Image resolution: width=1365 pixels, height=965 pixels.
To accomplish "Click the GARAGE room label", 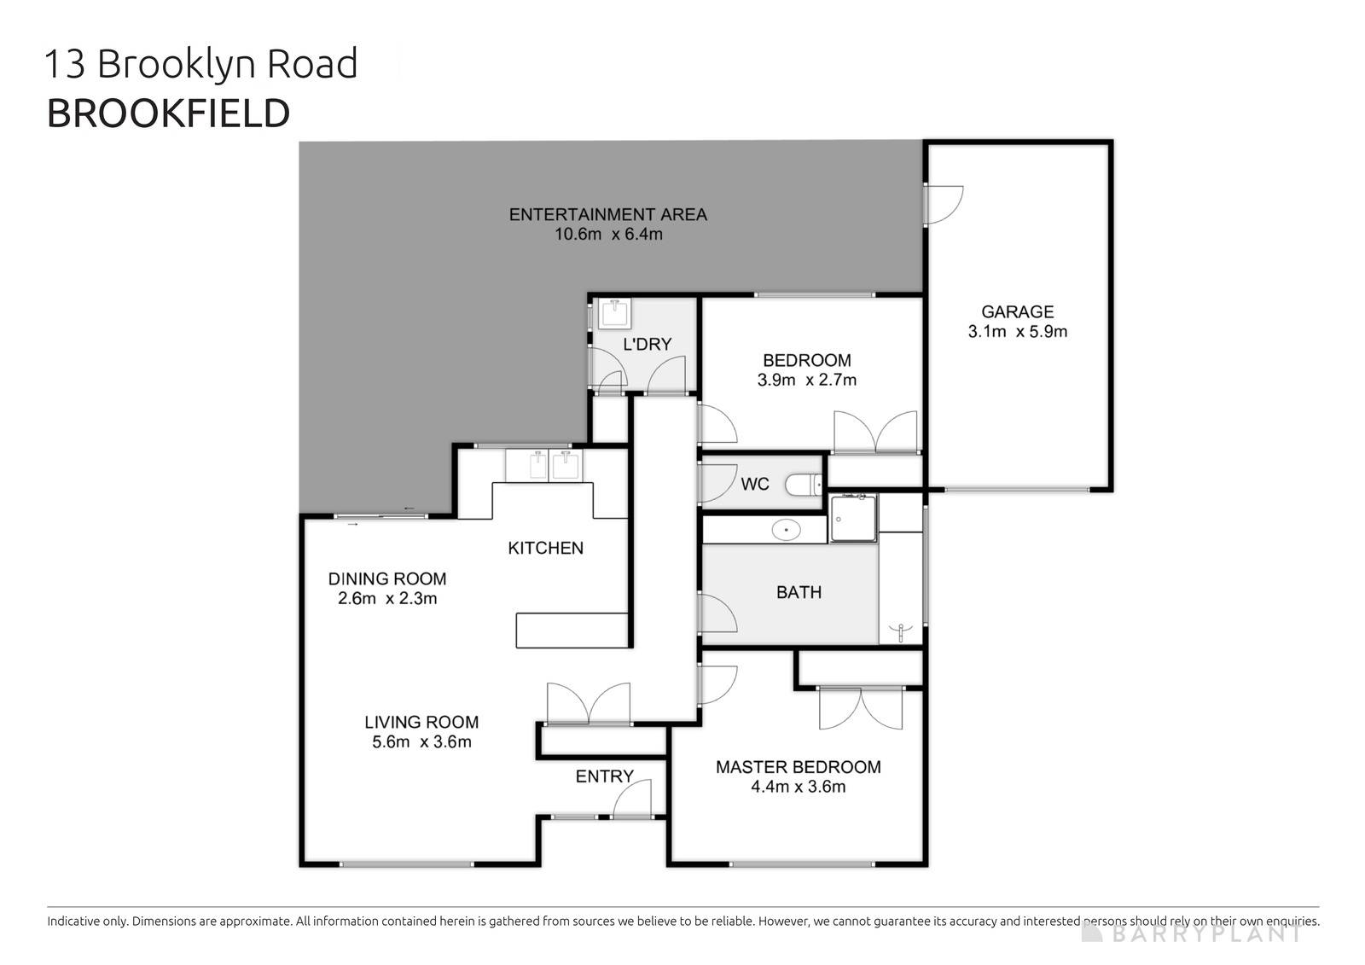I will tap(1017, 312).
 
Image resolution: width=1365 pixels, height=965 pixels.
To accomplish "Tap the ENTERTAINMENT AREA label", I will tap(607, 215).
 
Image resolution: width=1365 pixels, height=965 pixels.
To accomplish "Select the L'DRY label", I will tap(647, 345).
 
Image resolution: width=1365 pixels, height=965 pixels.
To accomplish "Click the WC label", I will tap(754, 485).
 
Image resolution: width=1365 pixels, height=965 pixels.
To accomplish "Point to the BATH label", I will tap(799, 592).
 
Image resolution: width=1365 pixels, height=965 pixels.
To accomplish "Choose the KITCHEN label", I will tap(545, 549).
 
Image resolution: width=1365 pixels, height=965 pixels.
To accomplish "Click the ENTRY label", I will tap(604, 776).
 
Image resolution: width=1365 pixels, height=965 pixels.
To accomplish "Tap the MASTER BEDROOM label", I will tap(798, 767).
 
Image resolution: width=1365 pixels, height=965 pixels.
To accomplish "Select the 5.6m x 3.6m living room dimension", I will tap(421, 742).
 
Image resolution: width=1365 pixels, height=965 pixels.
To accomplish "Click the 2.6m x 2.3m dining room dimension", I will tap(387, 599).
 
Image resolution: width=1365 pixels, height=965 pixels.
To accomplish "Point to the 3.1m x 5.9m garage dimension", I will tap(1017, 332).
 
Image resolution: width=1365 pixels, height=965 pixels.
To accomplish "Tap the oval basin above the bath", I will tap(786, 531).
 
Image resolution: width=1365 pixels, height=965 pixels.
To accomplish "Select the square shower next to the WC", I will tap(853, 518).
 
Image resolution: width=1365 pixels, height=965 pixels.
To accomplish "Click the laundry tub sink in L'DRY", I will tap(613, 313).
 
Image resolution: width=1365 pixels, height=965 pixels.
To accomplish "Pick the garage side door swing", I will tap(944, 204).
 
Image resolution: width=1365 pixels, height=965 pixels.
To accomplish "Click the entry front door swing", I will tap(633, 800).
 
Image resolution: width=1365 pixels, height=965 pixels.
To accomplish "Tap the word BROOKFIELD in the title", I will tap(168, 113).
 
